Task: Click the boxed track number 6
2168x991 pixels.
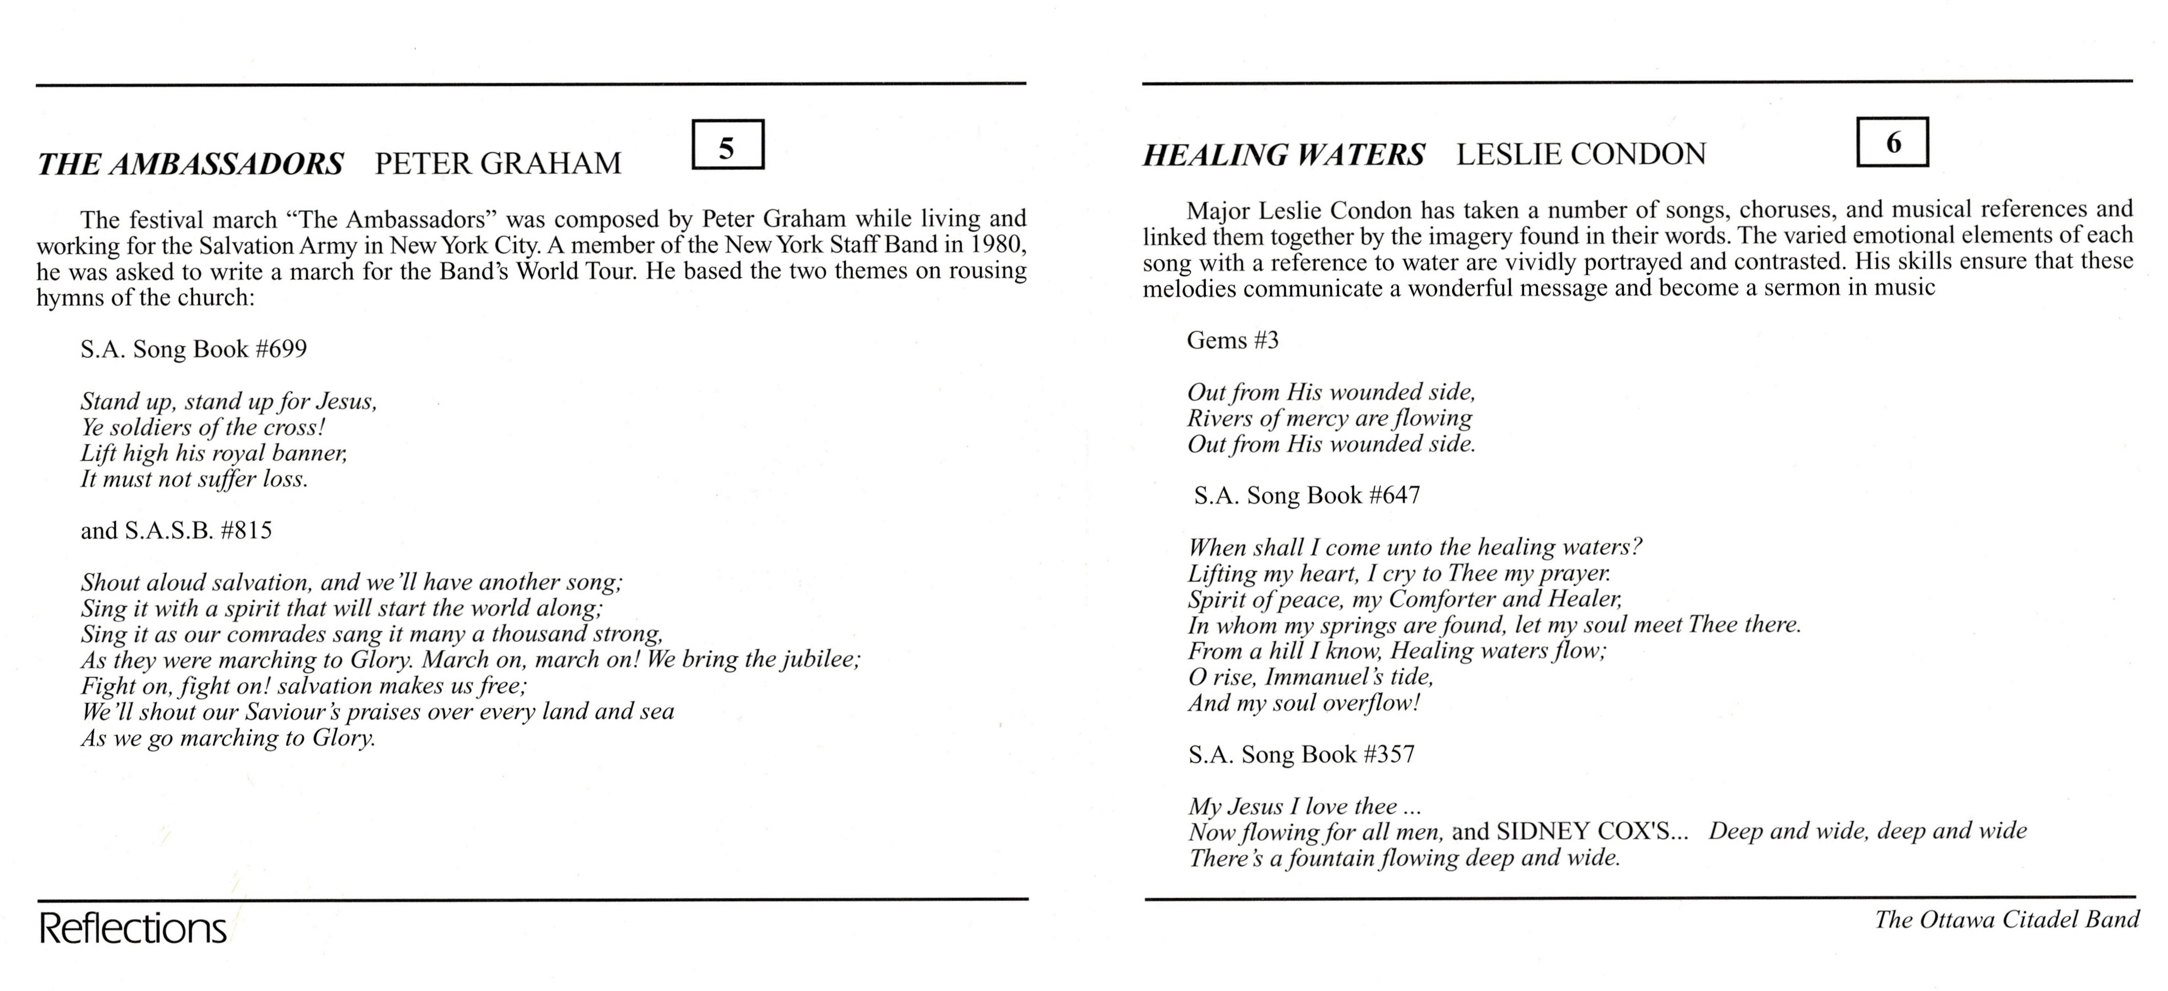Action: coord(1892,142)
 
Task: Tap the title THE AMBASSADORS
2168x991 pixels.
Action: coord(190,163)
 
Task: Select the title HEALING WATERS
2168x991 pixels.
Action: coord(1283,155)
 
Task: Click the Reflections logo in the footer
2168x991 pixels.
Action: coord(133,929)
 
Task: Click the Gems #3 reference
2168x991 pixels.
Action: coord(1232,340)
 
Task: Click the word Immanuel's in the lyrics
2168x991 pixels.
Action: coord(1338,677)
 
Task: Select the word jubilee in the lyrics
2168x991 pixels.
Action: coord(822,659)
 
